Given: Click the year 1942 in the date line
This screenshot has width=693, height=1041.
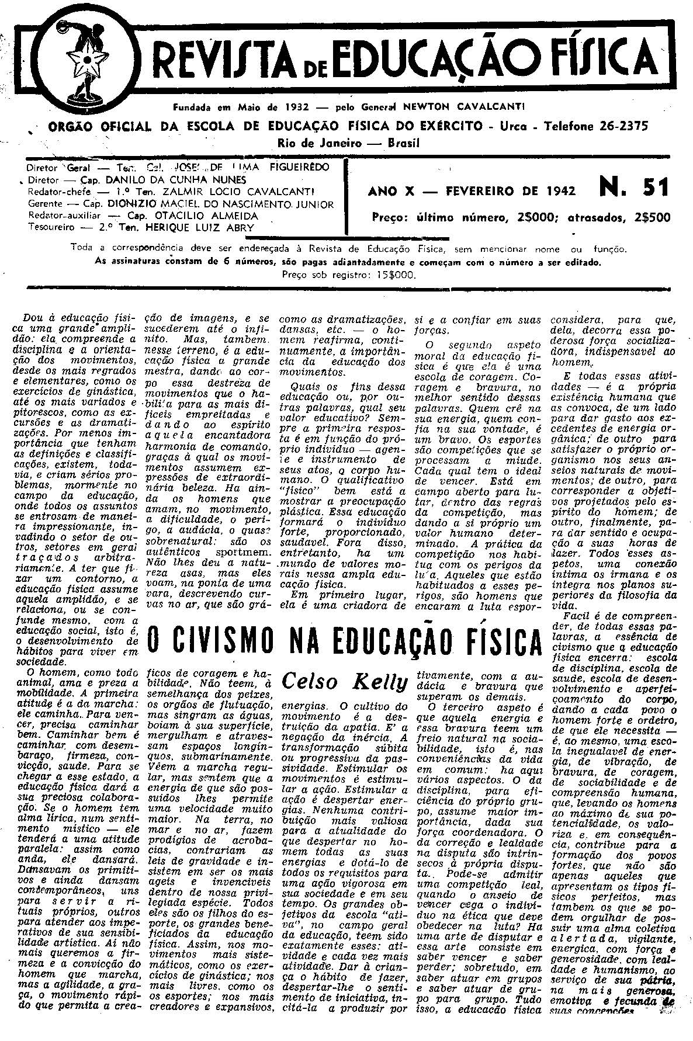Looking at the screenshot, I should click(x=556, y=190).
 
